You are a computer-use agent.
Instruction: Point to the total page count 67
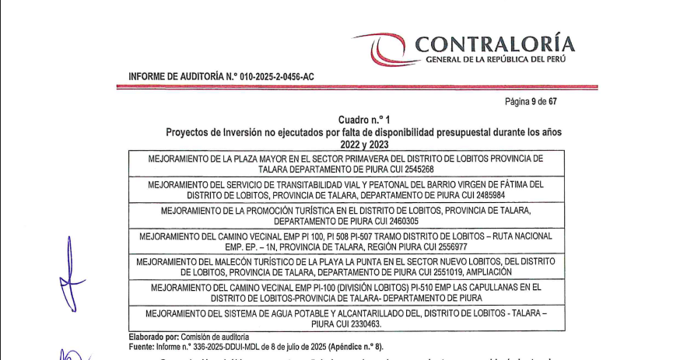tap(552, 101)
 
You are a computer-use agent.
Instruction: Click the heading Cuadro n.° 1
tap(363, 121)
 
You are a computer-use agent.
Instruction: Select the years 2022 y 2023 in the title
tap(363, 144)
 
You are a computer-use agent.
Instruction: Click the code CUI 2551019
tap(429, 272)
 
